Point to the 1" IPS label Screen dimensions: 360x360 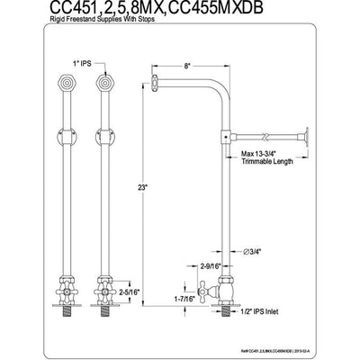[x=68, y=65]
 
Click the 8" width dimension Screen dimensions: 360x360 [x=185, y=65]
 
